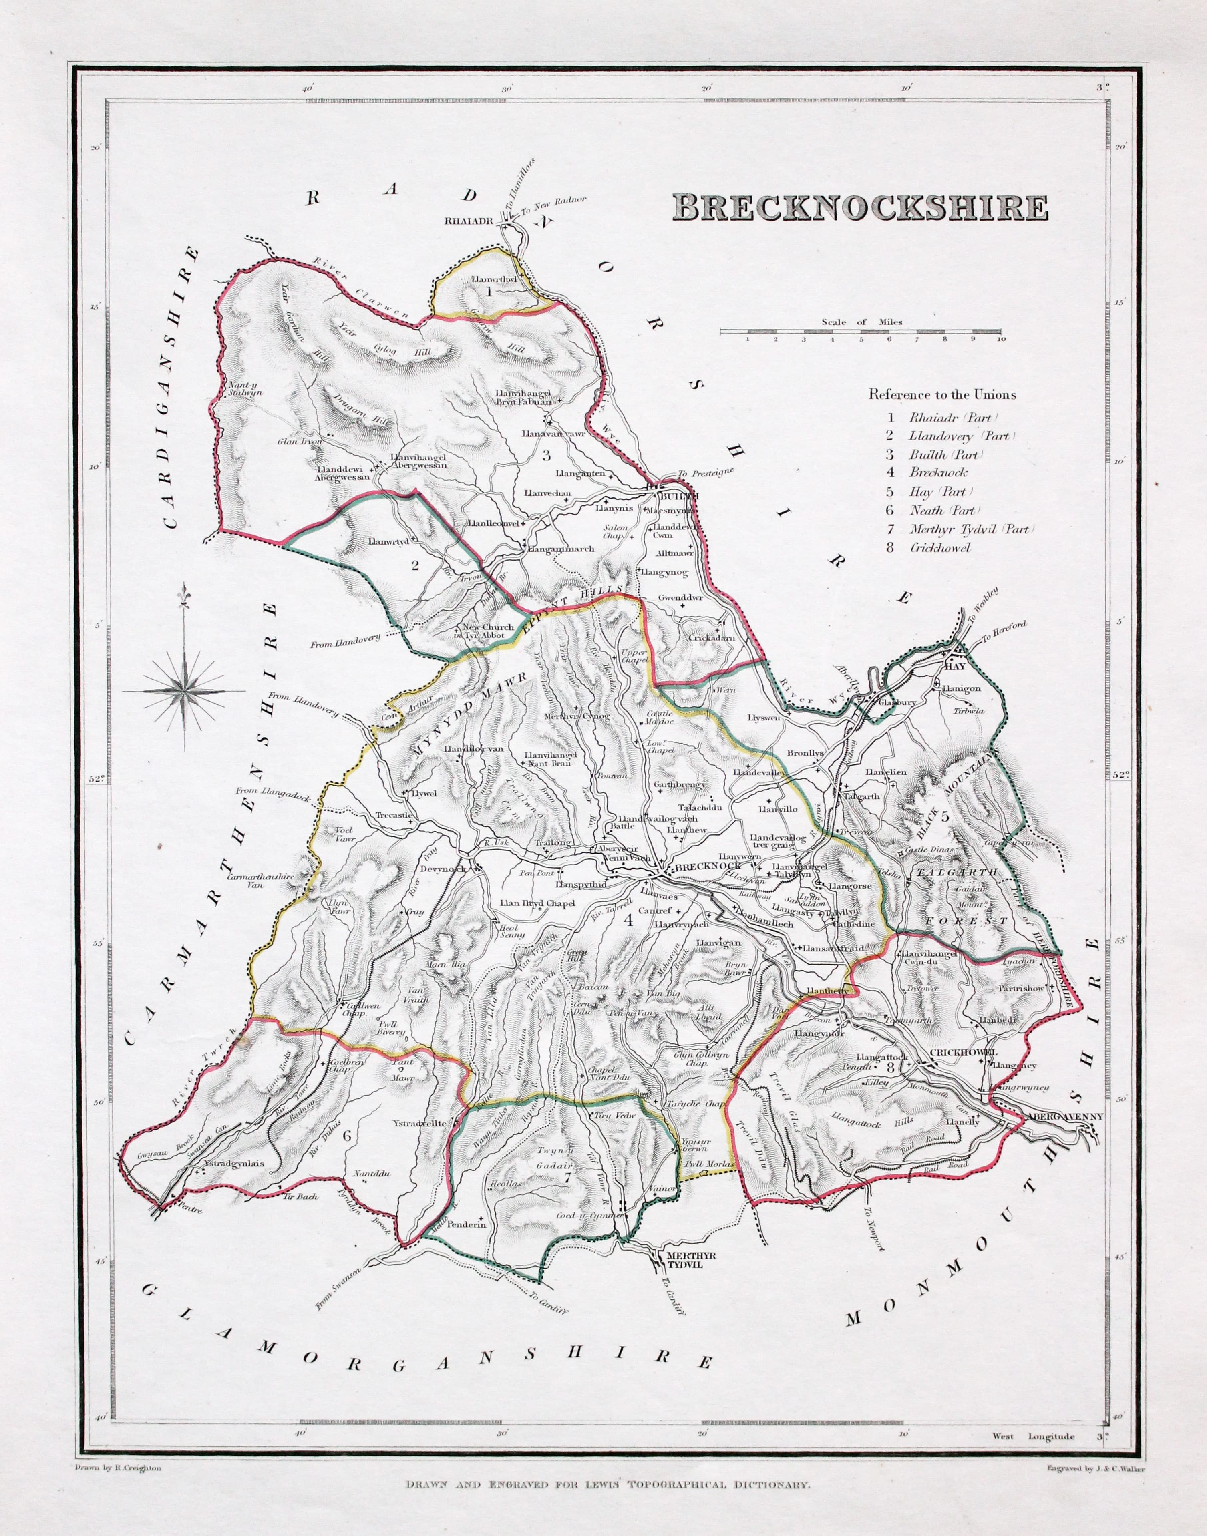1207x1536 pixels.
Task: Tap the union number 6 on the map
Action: tap(347, 1136)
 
